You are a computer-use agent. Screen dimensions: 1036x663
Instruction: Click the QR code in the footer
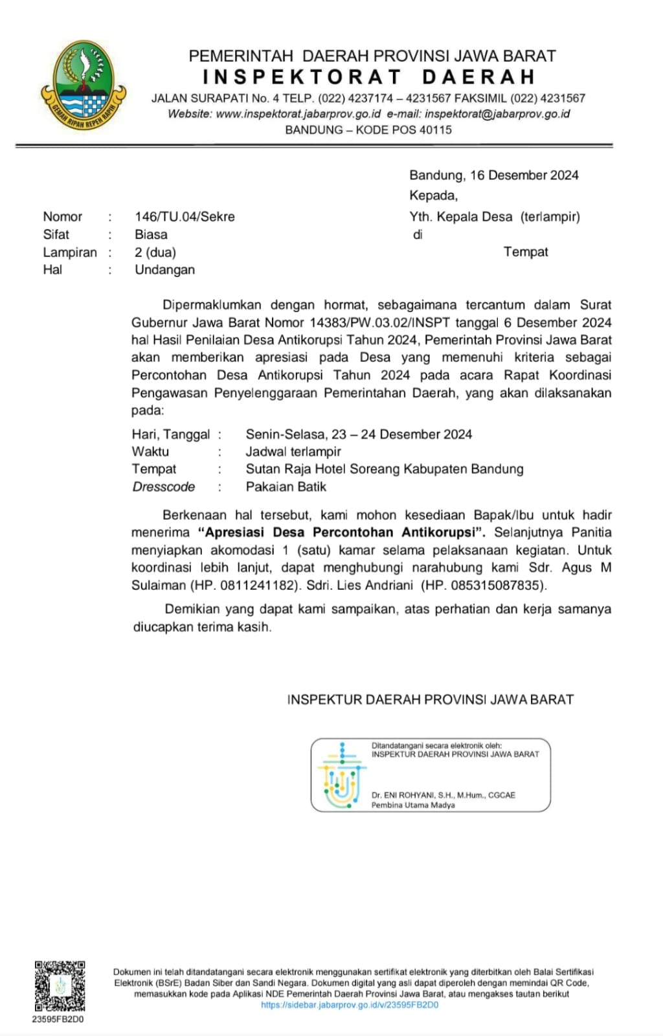pyautogui.click(x=60, y=985)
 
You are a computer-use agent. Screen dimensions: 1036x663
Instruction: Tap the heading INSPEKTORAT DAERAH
pyautogui.click(x=369, y=77)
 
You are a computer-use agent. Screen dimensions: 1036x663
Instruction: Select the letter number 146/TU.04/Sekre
pyautogui.click(x=185, y=217)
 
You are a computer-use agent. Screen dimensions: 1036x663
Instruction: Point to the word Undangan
pyautogui.click(x=164, y=270)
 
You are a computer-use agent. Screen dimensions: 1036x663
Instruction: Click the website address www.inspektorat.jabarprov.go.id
pyautogui.click(x=298, y=114)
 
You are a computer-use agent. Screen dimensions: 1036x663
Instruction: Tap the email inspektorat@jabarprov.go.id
pyautogui.click(x=497, y=114)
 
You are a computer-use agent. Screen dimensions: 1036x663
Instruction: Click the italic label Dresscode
pyautogui.click(x=163, y=487)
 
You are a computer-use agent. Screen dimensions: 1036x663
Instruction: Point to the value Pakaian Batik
pyautogui.click(x=286, y=487)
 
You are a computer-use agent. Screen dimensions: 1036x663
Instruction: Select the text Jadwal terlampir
pyautogui.click(x=293, y=451)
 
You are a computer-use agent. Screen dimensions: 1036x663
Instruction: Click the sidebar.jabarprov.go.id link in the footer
pyautogui.click(x=350, y=1005)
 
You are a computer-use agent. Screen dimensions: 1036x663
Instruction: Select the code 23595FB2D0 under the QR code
pyautogui.click(x=58, y=1019)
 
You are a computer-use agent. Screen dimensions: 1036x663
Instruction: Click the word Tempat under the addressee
pyautogui.click(x=526, y=252)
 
